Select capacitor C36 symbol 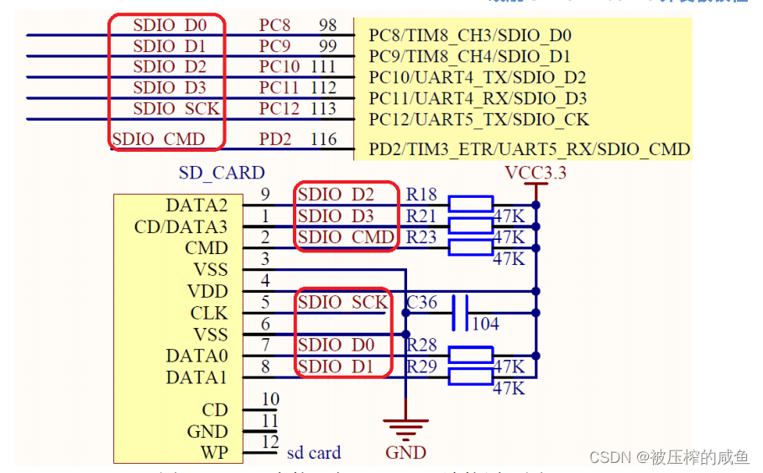pos(459,313)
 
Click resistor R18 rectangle pos(470,204)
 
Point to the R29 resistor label pos(421,366)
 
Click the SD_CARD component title pos(222,174)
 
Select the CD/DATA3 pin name pos(180,227)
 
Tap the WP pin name pos(215,454)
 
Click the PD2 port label pos(275,139)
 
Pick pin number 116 pos(323,139)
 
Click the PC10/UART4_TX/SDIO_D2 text pos(478,78)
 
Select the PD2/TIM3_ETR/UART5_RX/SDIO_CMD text pos(530,150)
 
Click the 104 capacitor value pos(485,324)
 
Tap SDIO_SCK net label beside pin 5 pos(342,302)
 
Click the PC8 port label pos(275,25)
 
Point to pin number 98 pos(327,25)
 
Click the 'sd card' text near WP pos(314,453)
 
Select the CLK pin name pos(208,314)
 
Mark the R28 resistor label pos(421,345)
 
